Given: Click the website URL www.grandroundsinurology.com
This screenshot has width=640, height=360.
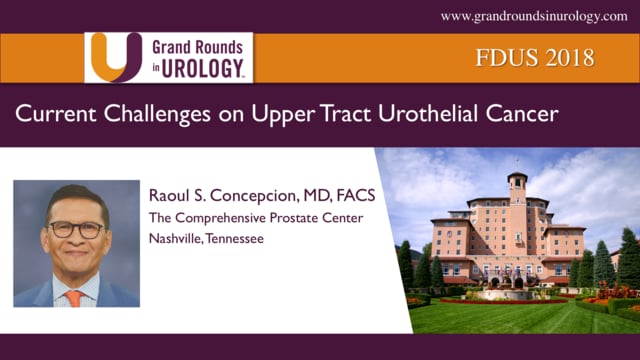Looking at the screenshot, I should click(534, 16).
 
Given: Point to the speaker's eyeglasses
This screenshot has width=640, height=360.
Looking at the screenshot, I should click(76, 227).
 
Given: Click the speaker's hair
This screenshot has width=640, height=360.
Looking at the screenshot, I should click(77, 196).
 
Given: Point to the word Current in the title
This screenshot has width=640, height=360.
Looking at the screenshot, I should click(52, 116).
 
